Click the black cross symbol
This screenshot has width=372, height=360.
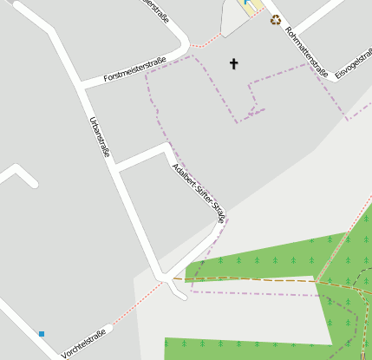[x=232, y=63]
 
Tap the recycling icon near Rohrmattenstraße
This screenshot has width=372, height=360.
[x=276, y=20]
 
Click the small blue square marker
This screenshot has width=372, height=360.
[x=41, y=333]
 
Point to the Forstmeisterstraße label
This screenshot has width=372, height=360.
[x=134, y=70]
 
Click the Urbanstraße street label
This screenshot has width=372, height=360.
[x=100, y=136]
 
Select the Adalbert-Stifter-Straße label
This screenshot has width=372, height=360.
[x=199, y=193]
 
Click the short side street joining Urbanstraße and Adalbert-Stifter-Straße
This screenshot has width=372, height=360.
[x=140, y=157]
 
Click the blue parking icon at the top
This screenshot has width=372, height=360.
[x=246, y=3]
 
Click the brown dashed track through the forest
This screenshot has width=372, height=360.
[x=260, y=279]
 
